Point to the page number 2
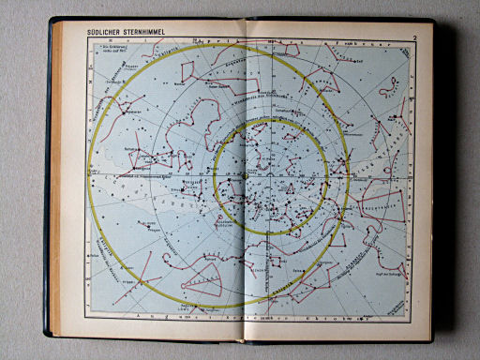(x=413, y=37)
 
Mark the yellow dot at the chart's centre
(x=244, y=175)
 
